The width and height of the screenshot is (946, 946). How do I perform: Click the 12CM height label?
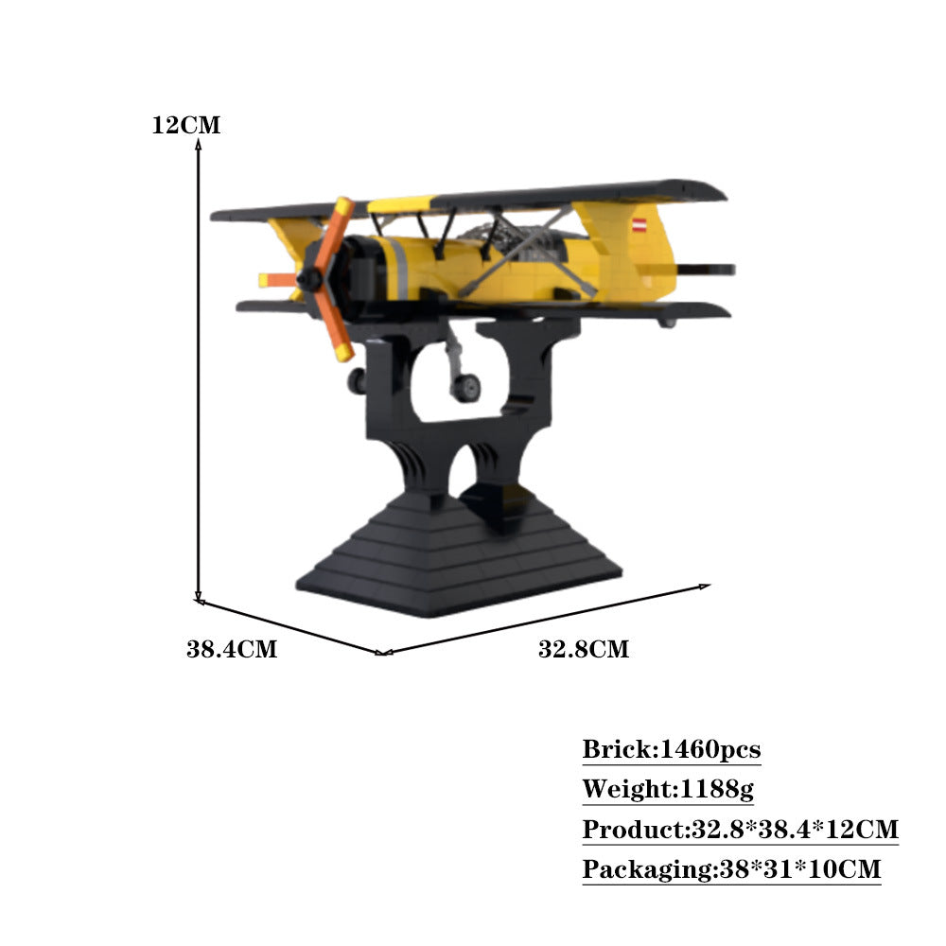[x=185, y=125]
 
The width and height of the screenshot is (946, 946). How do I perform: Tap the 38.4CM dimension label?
[x=232, y=649]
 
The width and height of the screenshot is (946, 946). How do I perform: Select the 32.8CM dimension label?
[x=584, y=649]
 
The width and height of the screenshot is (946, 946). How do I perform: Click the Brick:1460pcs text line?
[x=672, y=749]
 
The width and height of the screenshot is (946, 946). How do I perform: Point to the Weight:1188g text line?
[x=668, y=789]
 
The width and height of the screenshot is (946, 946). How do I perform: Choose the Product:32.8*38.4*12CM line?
[x=741, y=830]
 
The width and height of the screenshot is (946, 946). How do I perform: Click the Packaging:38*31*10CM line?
[x=732, y=869]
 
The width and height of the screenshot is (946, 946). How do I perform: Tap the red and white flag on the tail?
[x=640, y=226]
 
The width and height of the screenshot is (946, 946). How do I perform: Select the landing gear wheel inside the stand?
[x=466, y=388]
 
